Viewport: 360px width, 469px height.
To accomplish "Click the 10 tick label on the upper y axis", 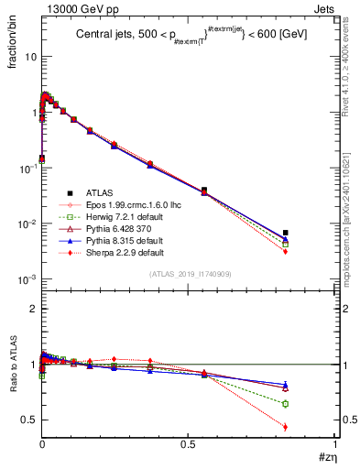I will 30,57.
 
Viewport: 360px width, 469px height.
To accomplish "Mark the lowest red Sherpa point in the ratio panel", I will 286,426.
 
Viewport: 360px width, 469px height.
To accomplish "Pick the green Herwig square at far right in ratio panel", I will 286,403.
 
